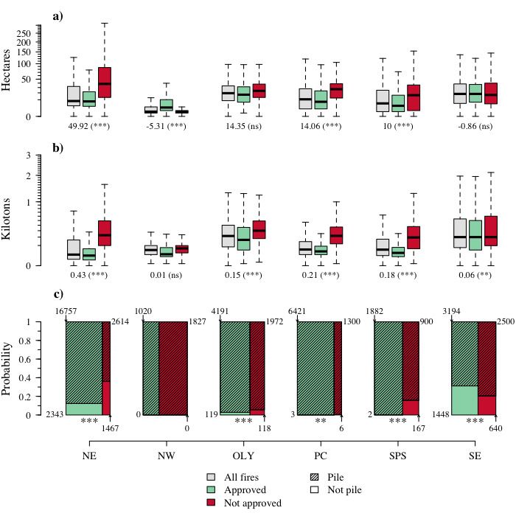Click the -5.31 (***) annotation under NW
(x=166, y=127)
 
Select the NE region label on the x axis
(x=89, y=454)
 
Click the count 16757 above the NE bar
(x=67, y=312)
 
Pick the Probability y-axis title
(x=7, y=368)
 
